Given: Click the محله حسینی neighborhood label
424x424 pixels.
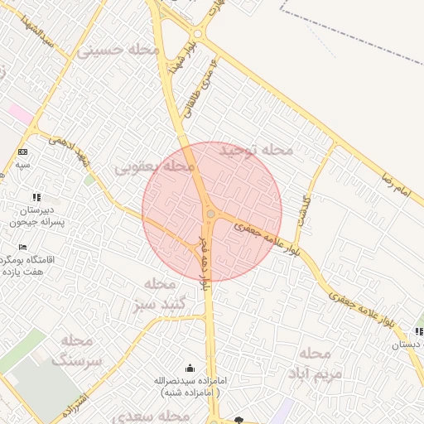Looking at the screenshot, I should tap(118, 50).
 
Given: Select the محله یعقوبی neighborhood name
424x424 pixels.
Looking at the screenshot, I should tap(155, 167).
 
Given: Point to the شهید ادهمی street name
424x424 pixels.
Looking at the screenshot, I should tap(70, 148).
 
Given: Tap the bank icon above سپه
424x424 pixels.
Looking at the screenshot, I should tap(22, 152).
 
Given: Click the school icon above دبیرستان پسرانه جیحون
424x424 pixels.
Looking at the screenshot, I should tap(36, 197).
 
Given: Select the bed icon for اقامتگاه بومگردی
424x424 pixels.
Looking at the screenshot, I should tap(22, 247).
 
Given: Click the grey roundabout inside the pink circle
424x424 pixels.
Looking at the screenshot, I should tap(211, 214).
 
